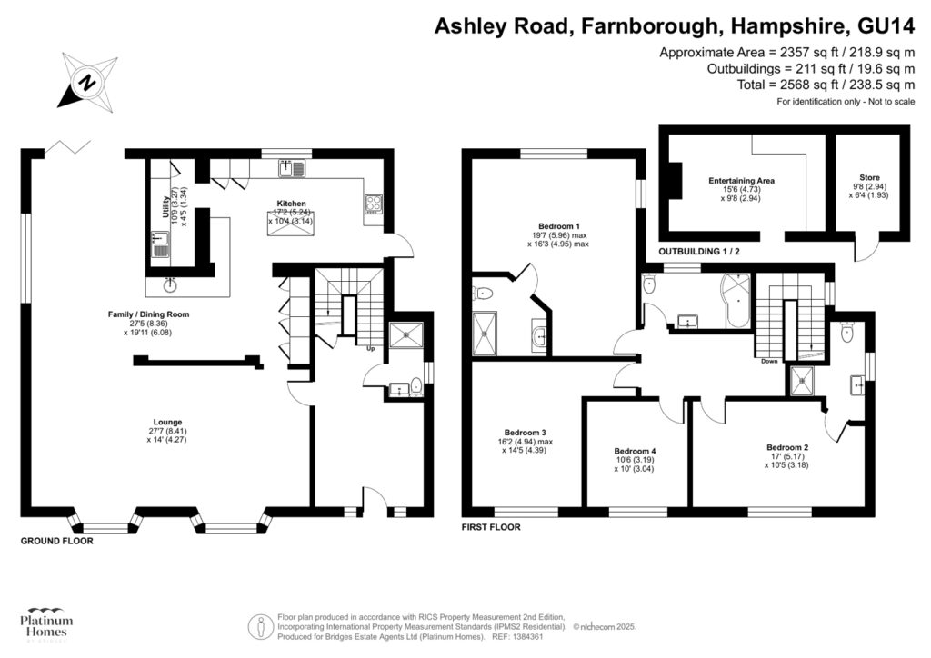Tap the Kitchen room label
(x=291, y=204)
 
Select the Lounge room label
(x=167, y=422)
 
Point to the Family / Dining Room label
(x=148, y=314)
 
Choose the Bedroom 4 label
(x=635, y=452)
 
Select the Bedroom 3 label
(x=526, y=433)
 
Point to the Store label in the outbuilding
(x=869, y=178)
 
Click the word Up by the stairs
(x=370, y=348)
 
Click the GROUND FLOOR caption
(x=57, y=541)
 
